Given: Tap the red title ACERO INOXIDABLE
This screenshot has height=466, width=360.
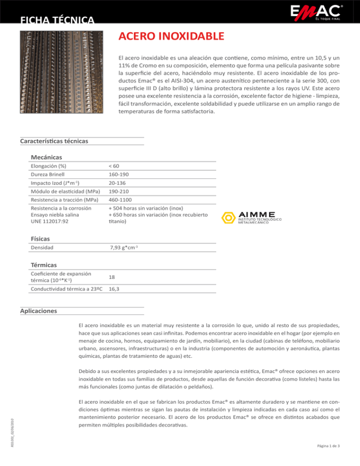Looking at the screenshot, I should [171, 36].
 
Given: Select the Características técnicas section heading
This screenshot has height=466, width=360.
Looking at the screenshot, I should [54, 141].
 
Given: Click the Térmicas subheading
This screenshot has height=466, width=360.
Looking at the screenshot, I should [45, 264].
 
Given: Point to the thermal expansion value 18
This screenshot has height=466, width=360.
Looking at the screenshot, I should [112, 278].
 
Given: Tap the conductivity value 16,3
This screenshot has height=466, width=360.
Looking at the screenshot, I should [113, 289].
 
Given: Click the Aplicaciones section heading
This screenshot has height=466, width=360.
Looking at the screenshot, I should [39, 311].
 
